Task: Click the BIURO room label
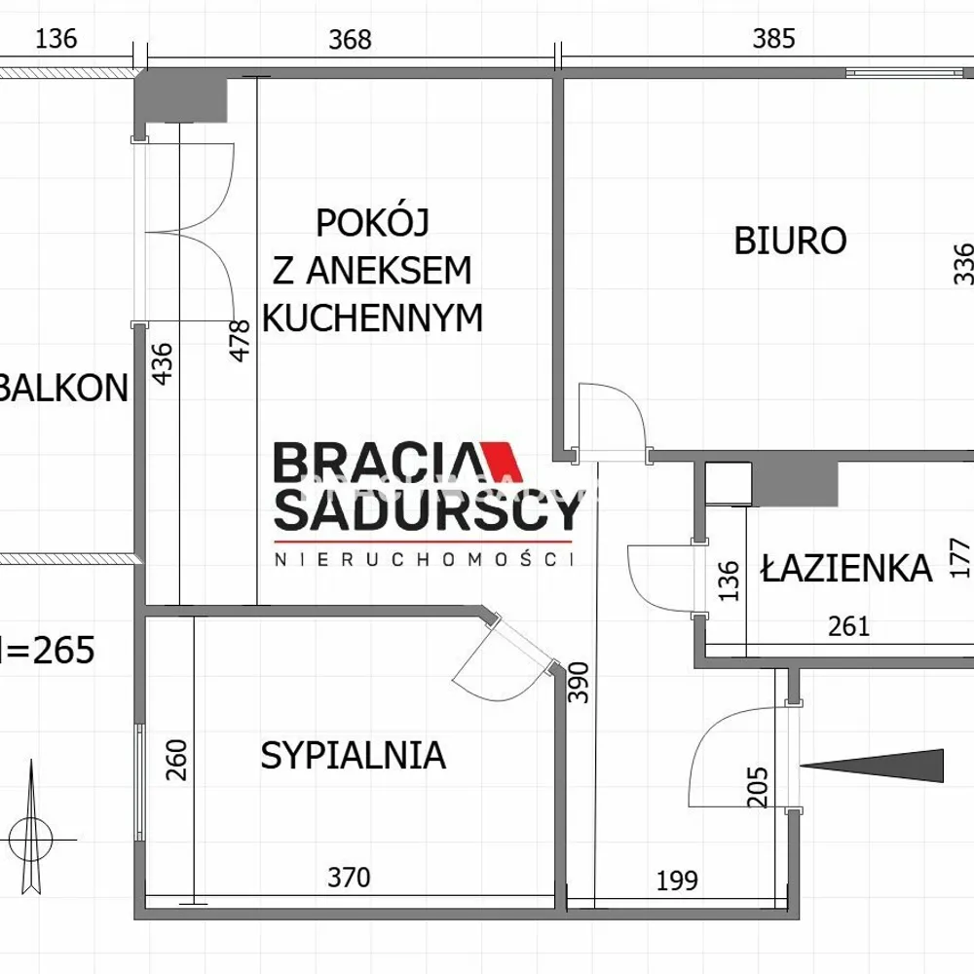[790, 241]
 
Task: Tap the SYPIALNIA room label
[353, 756]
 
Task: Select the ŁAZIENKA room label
[846, 568]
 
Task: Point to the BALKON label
[63, 389]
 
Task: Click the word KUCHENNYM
[373, 318]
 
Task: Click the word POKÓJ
[373, 222]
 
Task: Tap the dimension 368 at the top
[350, 40]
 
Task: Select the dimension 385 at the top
[773, 39]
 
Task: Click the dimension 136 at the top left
[56, 39]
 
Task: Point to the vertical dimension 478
[240, 340]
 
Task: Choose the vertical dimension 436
[162, 364]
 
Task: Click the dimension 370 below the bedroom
[349, 878]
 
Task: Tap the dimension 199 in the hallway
[677, 880]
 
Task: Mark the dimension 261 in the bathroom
[848, 626]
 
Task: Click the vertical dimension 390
[579, 682]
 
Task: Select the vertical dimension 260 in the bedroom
[176, 760]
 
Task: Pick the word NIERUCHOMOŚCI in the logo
[425, 559]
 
